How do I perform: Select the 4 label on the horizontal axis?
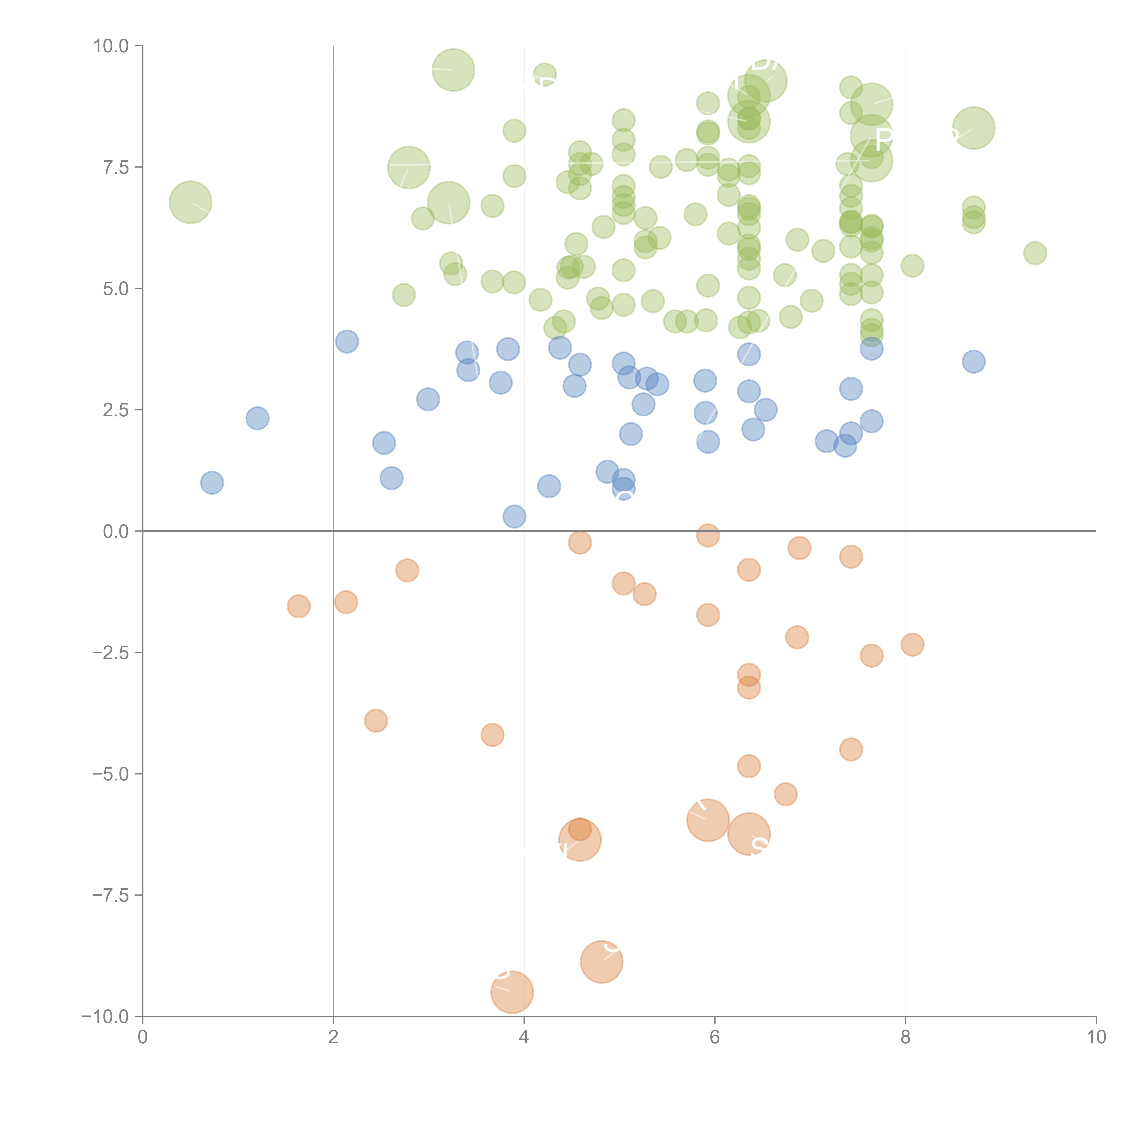[x=524, y=1037]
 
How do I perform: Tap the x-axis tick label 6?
[x=715, y=1037]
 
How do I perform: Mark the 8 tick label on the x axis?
[x=906, y=1037]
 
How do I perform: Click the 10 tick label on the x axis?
[x=1096, y=1037]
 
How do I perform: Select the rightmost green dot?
[x=1034, y=253]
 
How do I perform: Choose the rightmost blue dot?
[x=973, y=361]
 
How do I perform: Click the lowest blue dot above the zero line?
[x=514, y=516]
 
